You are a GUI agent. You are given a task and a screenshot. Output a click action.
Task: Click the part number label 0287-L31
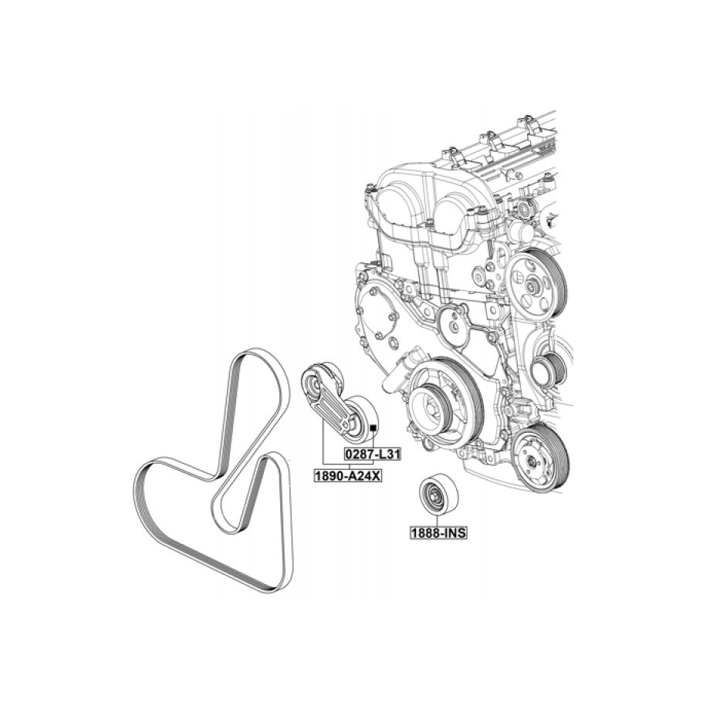coord(372,454)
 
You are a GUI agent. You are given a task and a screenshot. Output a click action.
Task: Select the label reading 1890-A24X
coord(347,475)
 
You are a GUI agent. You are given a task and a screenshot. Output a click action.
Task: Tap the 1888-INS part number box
coord(438,533)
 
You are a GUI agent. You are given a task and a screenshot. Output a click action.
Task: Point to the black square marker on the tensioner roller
coord(373,427)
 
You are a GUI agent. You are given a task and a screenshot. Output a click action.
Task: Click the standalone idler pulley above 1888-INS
coord(438,494)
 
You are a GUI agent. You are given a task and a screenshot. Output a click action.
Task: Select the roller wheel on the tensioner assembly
coord(360,416)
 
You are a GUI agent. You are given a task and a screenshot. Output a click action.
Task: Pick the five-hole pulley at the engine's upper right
coord(535,285)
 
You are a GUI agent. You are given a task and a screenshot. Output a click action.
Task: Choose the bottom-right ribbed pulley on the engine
coord(539,459)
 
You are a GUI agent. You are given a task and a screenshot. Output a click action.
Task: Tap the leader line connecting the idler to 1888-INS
coord(437,521)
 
